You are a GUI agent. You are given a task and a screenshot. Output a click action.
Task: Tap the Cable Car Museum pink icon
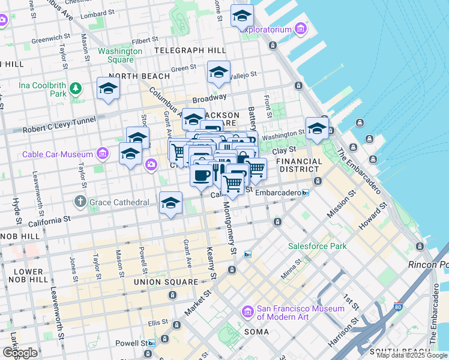(103, 154)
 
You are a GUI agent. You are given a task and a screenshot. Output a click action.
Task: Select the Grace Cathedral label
(119, 202)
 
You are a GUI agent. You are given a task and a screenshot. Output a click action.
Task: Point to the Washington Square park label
(120, 55)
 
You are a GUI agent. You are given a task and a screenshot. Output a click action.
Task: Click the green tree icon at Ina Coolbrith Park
(75, 89)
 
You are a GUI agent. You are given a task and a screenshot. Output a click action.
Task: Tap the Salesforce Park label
(318, 246)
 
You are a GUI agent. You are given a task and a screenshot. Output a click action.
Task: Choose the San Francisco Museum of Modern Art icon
(247, 312)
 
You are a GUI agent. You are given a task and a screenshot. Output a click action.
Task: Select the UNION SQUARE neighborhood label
(166, 282)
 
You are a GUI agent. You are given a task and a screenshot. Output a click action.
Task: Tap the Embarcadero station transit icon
(306, 193)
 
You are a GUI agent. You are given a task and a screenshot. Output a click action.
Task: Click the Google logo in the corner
(20, 353)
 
